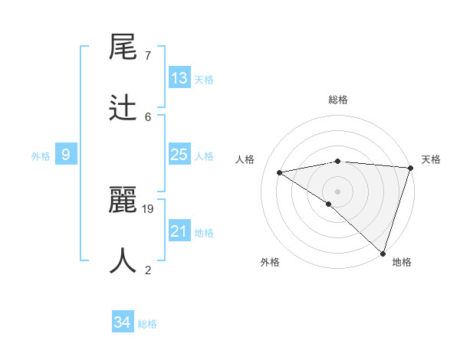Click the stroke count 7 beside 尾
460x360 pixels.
tap(148, 56)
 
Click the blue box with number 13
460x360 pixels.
tap(179, 78)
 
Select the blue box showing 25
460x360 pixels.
tap(179, 155)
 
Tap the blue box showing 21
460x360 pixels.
tap(179, 231)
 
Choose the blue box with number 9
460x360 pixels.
tap(66, 155)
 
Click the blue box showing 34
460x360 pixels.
tap(122, 322)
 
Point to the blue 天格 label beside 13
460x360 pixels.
tap(204, 80)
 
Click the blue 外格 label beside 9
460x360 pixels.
tap(41, 156)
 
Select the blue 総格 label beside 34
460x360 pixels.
tap(147, 324)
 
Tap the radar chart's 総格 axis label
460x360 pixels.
tap(338, 100)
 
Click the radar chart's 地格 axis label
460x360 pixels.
tap(402, 262)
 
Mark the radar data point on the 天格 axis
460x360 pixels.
tap(410, 168)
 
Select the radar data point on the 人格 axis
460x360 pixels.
tap(280, 172)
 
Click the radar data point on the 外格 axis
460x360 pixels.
tap(329, 204)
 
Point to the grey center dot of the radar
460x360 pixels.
tap(338, 191)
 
